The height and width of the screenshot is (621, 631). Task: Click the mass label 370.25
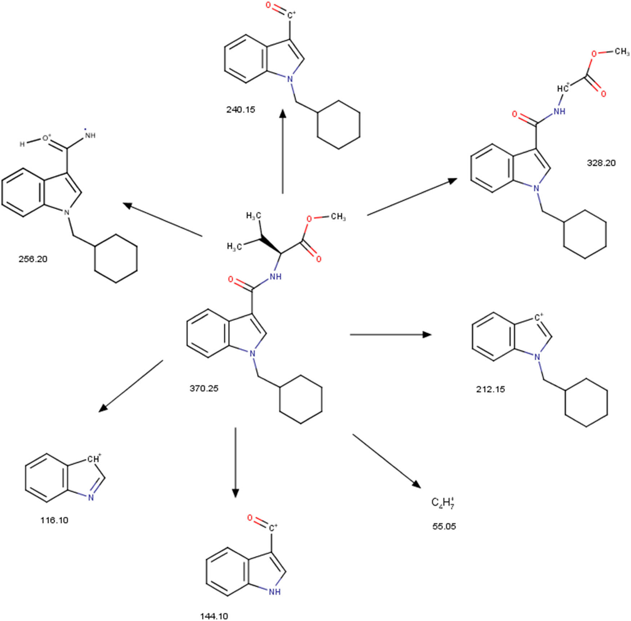204,388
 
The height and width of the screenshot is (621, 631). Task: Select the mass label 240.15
241,110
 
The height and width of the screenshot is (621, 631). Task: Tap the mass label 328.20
601,163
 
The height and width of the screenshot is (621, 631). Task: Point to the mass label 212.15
490,389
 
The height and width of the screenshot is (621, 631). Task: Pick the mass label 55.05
444,526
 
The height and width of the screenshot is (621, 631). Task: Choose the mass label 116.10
54,520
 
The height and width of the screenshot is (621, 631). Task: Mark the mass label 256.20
33,259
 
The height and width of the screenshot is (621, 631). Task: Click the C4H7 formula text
442,503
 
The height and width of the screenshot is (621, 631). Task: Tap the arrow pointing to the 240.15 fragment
283,151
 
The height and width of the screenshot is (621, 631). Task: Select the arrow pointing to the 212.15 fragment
390,335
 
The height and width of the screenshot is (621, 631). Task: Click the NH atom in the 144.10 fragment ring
274,592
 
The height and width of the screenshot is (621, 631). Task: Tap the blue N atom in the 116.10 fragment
91,498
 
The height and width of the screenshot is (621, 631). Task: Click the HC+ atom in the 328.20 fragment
563,88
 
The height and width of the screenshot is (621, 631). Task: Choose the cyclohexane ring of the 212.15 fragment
586,403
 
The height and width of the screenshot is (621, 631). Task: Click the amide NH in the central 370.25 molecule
275,277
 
